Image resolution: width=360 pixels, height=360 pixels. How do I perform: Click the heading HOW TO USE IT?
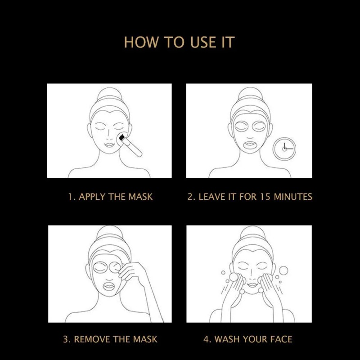(x=179, y=42)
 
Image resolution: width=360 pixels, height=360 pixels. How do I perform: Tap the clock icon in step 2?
(x=284, y=149)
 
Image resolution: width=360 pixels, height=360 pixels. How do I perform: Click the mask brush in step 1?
(x=130, y=144)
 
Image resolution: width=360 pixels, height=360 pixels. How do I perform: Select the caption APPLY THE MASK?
(x=110, y=197)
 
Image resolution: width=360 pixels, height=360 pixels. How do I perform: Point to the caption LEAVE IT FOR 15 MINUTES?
(x=250, y=197)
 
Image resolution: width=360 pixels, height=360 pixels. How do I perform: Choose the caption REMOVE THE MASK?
(x=110, y=339)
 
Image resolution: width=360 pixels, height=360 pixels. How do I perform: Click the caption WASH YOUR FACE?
(x=248, y=339)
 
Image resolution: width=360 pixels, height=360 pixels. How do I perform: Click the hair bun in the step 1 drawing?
(x=109, y=94)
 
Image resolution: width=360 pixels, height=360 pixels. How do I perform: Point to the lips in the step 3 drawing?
(x=109, y=286)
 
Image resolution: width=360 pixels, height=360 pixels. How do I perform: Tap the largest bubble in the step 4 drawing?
(x=283, y=270)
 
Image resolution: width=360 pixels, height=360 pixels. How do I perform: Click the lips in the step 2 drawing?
(x=250, y=145)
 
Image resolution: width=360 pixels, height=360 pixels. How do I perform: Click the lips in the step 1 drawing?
(x=109, y=145)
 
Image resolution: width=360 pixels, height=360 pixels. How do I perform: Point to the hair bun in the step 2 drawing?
(x=251, y=94)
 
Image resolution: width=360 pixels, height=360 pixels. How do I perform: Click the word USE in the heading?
(x=203, y=42)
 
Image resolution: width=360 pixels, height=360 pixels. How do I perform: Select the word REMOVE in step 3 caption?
(x=91, y=339)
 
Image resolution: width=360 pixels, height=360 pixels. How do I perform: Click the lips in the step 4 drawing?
(x=252, y=285)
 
